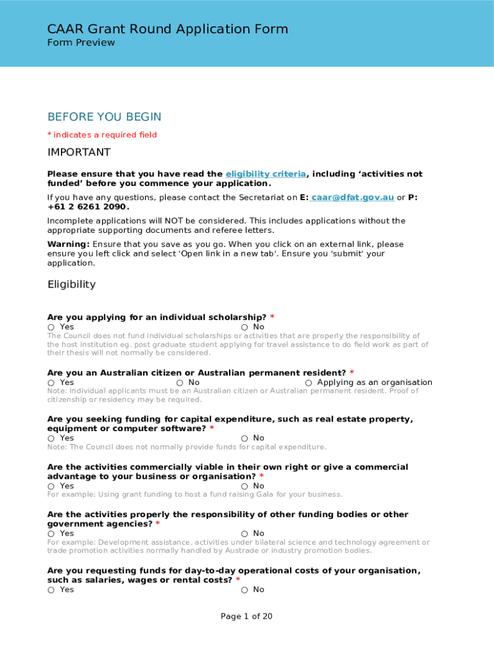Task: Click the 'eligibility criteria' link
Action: coord(266,175)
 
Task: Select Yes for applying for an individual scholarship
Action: coord(51,327)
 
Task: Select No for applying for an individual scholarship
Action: coord(244,327)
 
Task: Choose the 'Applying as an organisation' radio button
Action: coord(309,383)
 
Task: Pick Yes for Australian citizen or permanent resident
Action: coord(51,383)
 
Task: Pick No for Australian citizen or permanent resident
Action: coord(180,383)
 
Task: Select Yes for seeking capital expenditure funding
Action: coord(51,439)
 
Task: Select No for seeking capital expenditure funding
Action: coord(244,439)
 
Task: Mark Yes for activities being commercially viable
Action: coord(51,486)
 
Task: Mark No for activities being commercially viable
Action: coord(244,486)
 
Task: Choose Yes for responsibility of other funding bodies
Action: coord(51,534)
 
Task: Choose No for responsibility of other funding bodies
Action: coord(244,534)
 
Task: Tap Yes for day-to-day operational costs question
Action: coord(51,590)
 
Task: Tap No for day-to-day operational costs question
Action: coord(244,590)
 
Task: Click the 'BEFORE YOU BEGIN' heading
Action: coord(104,117)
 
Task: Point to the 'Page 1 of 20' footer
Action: coord(246,617)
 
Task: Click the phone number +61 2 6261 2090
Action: coord(87,207)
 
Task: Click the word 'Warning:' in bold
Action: coord(68,244)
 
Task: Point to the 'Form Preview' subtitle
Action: coord(81,43)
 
